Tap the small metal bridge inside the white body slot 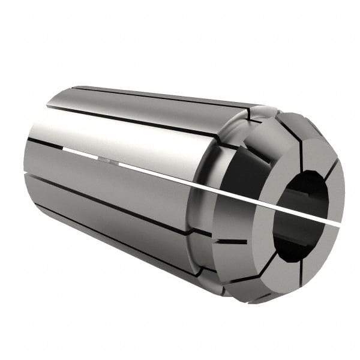(x=104, y=160)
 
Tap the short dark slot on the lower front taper (x=232, y=242)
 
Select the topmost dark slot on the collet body (x=162, y=95)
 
